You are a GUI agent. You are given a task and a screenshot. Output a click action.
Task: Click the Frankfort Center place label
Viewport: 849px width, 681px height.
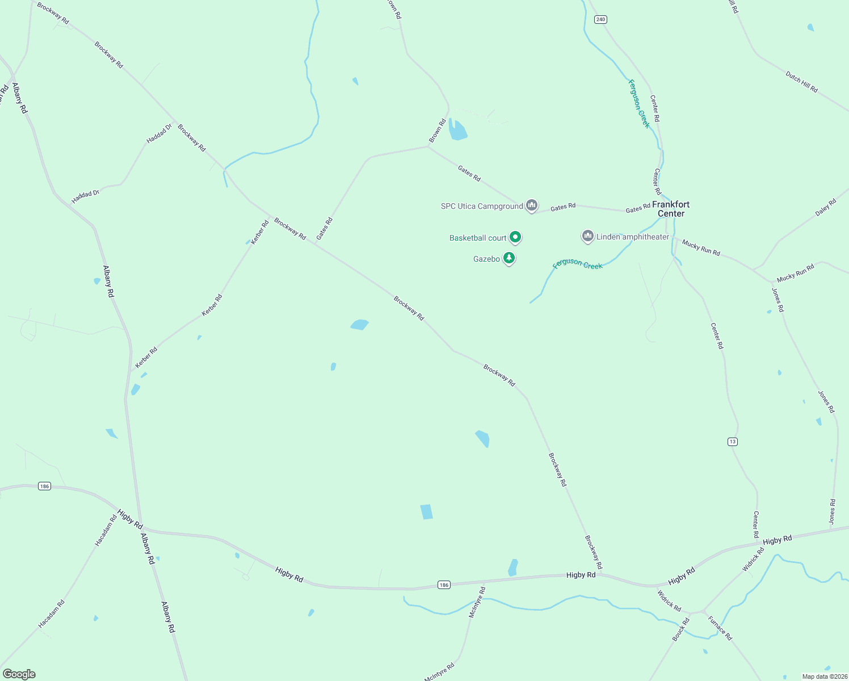pyautogui.click(x=671, y=209)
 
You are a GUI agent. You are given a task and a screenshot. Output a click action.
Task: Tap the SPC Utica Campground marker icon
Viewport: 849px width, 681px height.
pyautogui.click(x=531, y=205)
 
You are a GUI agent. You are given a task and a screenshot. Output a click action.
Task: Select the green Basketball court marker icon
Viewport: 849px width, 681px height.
pyautogui.click(x=515, y=237)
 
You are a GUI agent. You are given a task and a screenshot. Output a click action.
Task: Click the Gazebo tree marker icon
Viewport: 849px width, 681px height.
pyautogui.click(x=509, y=258)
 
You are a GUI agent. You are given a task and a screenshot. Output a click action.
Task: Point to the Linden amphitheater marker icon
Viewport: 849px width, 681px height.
pyautogui.click(x=587, y=236)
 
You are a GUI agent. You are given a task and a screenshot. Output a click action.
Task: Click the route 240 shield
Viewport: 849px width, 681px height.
pyautogui.click(x=600, y=19)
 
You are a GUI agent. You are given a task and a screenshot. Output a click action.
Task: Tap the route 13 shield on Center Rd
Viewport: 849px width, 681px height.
pyautogui.click(x=733, y=442)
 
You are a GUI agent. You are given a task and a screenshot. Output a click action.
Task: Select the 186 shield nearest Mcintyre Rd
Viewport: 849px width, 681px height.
pyautogui.click(x=444, y=585)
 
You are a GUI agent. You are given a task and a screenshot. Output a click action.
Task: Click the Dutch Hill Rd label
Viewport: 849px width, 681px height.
pyautogui.click(x=801, y=82)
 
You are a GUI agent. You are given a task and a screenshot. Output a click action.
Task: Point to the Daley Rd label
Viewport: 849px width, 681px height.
pyautogui.click(x=826, y=207)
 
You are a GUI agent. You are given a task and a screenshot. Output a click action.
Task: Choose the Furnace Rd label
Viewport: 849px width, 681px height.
pyautogui.click(x=720, y=628)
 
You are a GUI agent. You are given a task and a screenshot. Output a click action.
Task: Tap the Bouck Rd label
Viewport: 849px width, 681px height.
pyautogui.click(x=680, y=629)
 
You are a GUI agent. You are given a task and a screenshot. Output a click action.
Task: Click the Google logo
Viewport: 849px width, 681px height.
pyautogui.click(x=19, y=674)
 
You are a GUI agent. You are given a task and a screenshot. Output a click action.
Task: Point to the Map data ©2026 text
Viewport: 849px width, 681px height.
pyautogui.click(x=824, y=676)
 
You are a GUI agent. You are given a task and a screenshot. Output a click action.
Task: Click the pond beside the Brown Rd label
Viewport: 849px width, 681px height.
pyautogui.click(x=457, y=130)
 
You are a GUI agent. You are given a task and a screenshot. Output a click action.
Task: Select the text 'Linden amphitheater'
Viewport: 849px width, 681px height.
pyautogui.click(x=633, y=237)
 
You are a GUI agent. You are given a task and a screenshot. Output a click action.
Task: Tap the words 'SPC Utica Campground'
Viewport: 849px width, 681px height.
pyautogui.click(x=482, y=206)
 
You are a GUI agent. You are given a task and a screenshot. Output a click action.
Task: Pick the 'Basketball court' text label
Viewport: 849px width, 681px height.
pyautogui.click(x=478, y=238)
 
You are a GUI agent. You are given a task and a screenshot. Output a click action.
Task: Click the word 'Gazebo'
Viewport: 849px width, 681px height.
pyautogui.click(x=487, y=259)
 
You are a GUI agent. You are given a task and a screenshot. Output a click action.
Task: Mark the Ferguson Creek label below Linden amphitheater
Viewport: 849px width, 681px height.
pyautogui.click(x=578, y=264)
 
